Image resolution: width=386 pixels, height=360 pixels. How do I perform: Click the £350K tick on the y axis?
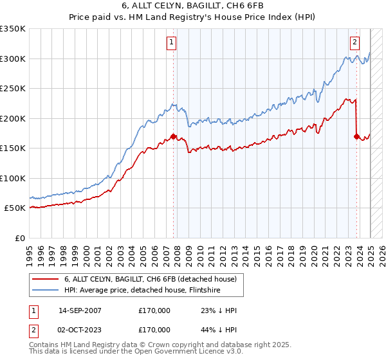coord(13,29)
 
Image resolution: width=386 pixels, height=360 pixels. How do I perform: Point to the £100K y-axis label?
coord(13,178)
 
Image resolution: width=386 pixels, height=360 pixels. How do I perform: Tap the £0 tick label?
coord(19,238)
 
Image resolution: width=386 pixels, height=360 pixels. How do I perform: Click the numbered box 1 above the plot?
coord(172,43)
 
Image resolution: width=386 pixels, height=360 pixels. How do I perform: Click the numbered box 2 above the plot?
coord(354,43)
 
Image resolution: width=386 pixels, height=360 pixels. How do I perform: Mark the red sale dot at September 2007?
coord(174,136)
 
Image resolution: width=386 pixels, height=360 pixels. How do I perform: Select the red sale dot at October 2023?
coord(356,136)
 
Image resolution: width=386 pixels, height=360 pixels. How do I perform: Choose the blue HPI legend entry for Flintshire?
coord(142,290)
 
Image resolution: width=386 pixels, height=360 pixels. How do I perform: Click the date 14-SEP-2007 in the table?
coord(80,310)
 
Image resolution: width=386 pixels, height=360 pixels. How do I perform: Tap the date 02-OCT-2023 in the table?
coord(80,329)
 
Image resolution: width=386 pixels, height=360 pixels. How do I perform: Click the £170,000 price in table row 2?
coord(154,329)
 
